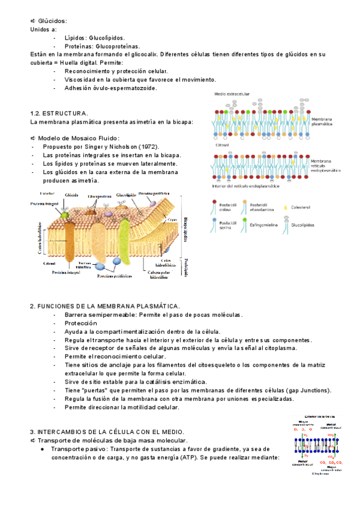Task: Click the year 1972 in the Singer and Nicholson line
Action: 148,146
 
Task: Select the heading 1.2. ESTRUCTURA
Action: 59,113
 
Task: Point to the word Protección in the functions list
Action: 80,323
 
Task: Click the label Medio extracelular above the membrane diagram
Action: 233,94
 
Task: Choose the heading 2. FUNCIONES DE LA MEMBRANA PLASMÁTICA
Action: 104,306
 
